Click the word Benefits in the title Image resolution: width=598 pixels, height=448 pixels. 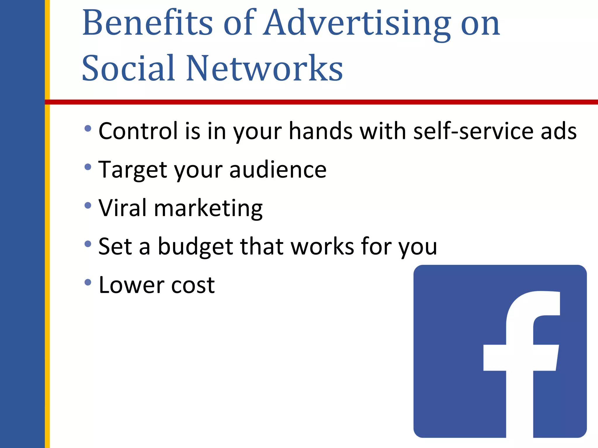147,23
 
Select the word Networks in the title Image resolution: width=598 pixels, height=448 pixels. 264,69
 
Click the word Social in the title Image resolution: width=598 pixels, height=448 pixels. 128,69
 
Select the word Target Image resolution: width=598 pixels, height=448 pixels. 133,170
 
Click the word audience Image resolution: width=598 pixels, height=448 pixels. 278,170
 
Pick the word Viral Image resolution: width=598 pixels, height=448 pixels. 123,208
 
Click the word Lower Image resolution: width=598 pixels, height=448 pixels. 131,285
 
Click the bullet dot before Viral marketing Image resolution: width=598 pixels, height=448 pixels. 88,206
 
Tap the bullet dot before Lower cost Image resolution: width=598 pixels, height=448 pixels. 88,282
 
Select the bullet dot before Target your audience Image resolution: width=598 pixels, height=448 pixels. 88,167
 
